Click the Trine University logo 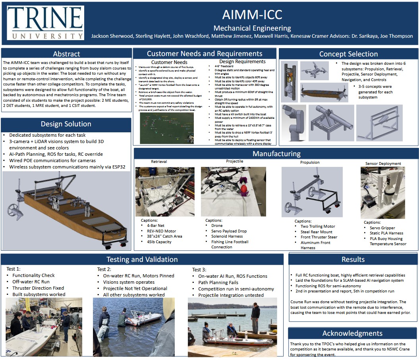pyautogui.click(x=45, y=23)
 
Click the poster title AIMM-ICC pyautogui.click(x=252, y=15)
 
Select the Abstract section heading pyautogui.click(x=66, y=54)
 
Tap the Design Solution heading pyautogui.click(x=66, y=124)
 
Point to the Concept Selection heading pyautogui.click(x=348, y=54)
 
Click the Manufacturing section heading pyautogui.click(x=276, y=154)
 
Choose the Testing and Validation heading pyautogui.click(x=142, y=259)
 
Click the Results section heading pyautogui.click(x=353, y=259)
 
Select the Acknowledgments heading pyautogui.click(x=352, y=333)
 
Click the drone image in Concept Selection pyautogui.click(x=314, y=71)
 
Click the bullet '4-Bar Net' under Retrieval pyautogui.click(x=155, y=226)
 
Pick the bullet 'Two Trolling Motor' pyautogui.click(x=318, y=226)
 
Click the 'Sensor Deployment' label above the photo pyautogui.click(x=383, y=163)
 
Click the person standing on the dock pyautogui.click(x=255, y=316)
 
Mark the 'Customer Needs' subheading pyautogui.click(x=169, y=62)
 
